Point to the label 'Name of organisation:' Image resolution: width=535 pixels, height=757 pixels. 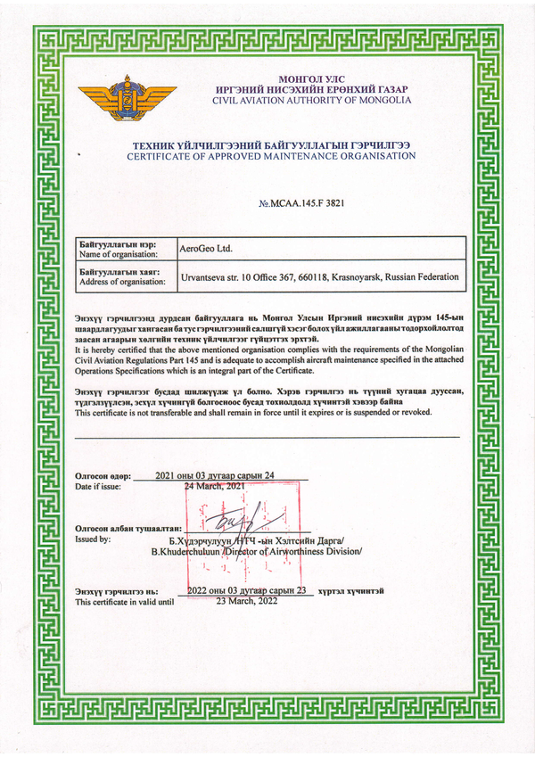[x=116, y=255]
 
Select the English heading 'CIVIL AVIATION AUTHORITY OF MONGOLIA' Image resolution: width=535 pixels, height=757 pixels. [x=312, y=100]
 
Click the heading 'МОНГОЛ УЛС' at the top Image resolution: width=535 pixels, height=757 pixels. [x=310, y=79]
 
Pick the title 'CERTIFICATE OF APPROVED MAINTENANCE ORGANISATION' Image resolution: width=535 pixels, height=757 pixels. [x=271, y=156]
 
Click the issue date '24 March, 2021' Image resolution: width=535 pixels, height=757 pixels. [x=214, y=487]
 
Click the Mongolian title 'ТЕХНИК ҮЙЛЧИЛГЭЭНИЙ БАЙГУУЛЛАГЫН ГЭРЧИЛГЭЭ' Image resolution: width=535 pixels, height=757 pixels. [x=271, y=144]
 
